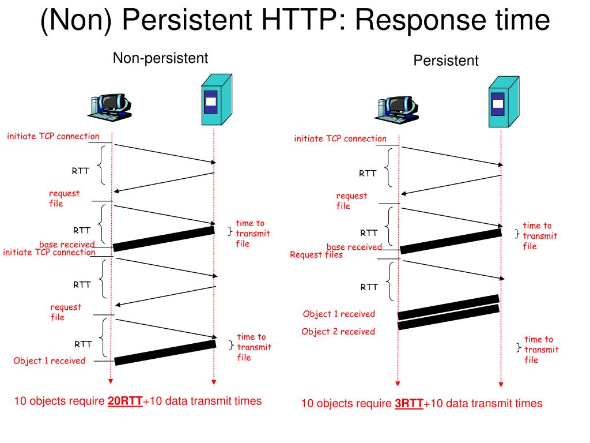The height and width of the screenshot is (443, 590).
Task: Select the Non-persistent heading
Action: pyautogui.click(x=160, y=58)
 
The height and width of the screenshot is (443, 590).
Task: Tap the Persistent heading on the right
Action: pyautogui.click(x=445, y=61)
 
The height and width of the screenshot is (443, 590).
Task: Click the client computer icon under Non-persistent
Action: pyautogui.click(x=109, y=106)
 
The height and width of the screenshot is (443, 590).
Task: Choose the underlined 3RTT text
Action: pyautogui.click(x=409, y=404)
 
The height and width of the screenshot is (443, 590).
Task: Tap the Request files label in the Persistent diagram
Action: pyautogui.click(x=316, y=255)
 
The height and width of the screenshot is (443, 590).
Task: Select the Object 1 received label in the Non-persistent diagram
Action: pyautogui.click(x=49, y=361)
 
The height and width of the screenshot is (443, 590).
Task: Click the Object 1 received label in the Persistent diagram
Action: pyautogui.click(x=339, y=314)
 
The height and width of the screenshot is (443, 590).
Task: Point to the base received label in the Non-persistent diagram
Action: pyautogui.click(x=66, y=245)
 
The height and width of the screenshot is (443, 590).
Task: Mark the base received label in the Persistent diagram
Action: pyautogui.click(x=354, y=247)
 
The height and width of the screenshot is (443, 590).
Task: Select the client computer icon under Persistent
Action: pyautogui.click(x=398, y=109)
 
